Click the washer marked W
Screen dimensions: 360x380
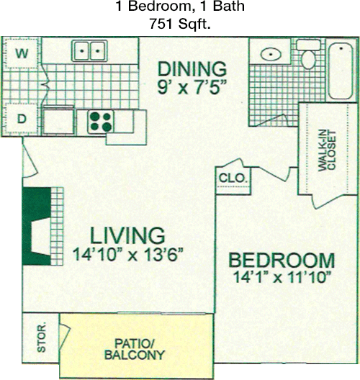(22, 53)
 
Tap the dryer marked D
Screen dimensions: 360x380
(22, 119)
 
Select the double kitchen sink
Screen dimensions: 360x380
(89, 51)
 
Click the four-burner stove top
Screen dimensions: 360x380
(101, 122)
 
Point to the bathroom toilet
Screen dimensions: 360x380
(308, 55)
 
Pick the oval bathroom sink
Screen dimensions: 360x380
(271, 54)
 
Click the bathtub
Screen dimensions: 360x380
(341, 71)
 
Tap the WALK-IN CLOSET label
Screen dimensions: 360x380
(327, 151)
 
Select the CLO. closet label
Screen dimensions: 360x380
(233, 178)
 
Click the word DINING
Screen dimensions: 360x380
(192, 69)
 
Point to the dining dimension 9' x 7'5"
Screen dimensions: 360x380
(192, 87)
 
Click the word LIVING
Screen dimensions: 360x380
(127, 235)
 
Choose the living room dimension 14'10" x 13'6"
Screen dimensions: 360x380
(127, 254)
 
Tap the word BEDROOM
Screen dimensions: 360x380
(282, 261)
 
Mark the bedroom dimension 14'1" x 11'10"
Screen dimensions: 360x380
(282, 277)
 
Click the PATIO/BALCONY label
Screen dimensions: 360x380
(135, 350)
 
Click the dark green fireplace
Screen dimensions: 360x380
(37, 226)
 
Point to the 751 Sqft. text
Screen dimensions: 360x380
(179, 24)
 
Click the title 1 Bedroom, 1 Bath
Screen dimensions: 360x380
(181, 6)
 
